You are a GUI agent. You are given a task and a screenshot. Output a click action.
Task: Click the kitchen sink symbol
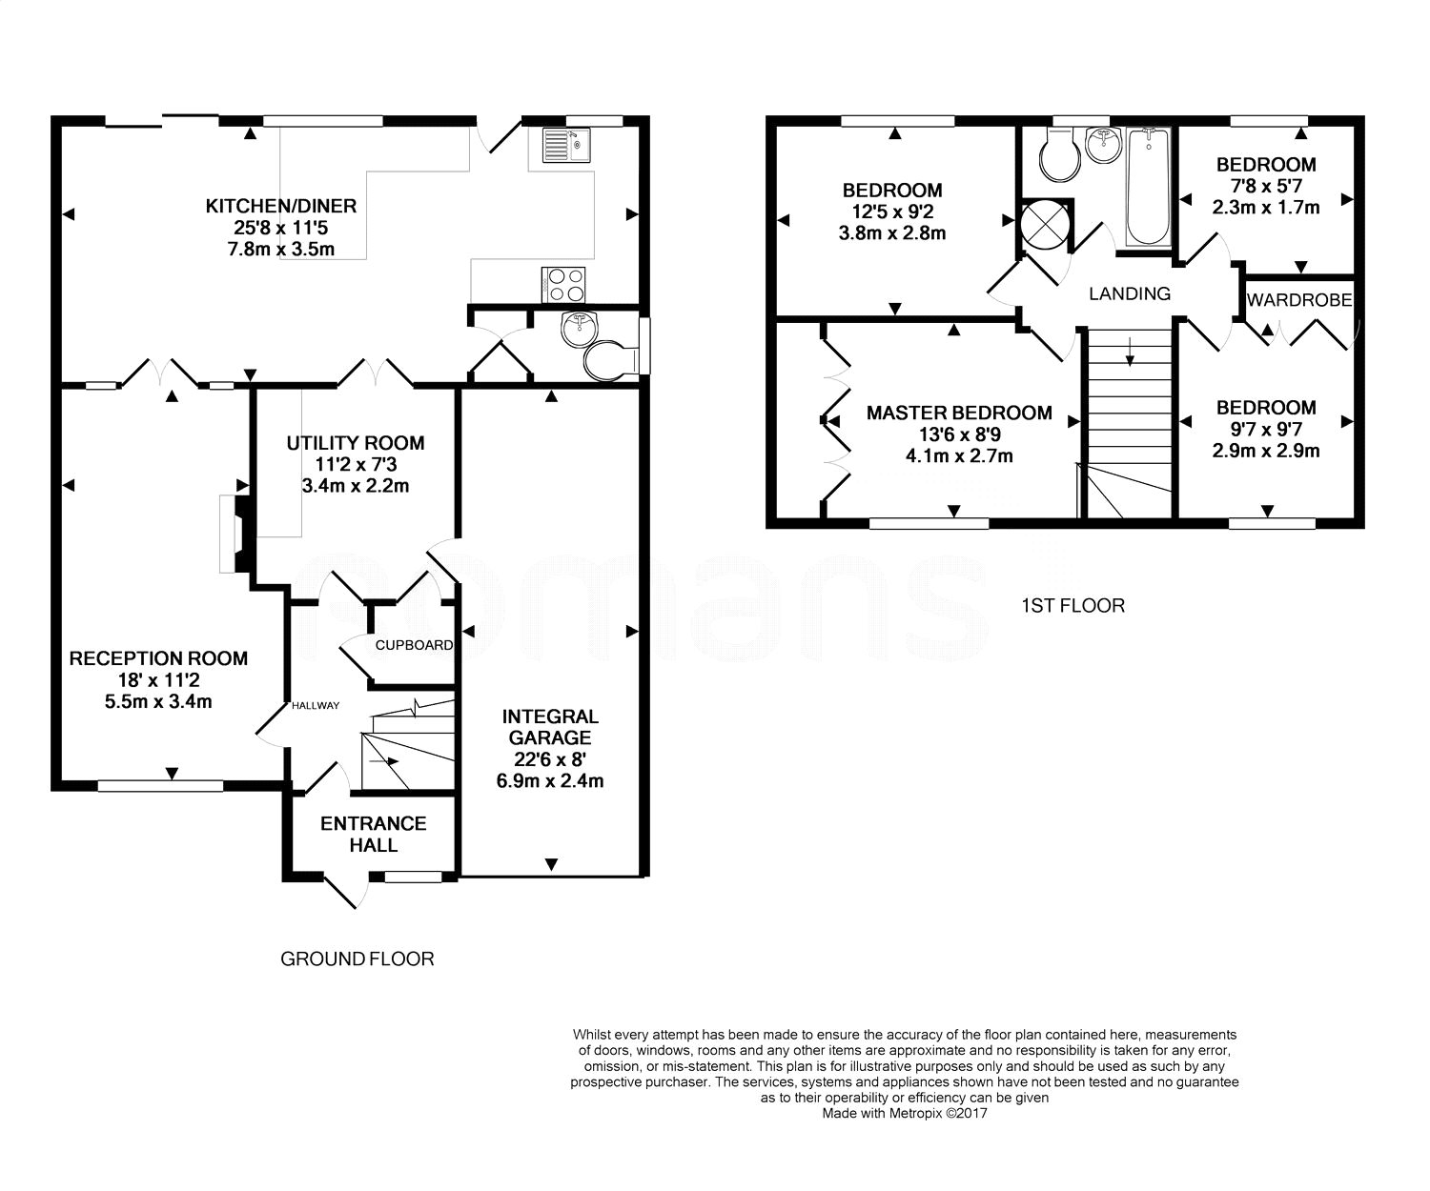click(x=565, y=145)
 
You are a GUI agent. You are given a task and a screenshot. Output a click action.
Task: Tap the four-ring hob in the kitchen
click(x=563, y=285)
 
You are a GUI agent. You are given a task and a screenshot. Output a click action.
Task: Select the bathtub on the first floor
click(x=1149, y=187)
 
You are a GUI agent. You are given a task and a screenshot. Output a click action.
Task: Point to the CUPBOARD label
click(x=414, y=645)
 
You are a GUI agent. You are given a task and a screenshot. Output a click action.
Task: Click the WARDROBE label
click(x=1299, y=300)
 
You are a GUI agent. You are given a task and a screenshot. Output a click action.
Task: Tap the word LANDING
click(x=1130, y=293)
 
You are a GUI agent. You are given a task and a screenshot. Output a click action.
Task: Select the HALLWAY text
click(x=315, y=706)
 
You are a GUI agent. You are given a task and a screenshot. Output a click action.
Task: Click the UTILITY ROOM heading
click(x=356, y=443)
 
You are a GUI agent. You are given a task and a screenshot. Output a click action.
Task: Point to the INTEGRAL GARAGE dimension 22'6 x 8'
click(x=550, y=759)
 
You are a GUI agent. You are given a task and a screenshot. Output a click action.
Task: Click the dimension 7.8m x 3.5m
click(x=281, y=249)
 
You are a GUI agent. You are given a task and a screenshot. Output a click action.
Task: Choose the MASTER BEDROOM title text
click(x=959, y=413)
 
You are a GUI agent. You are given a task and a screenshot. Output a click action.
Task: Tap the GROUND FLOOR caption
click(x=357, y=959)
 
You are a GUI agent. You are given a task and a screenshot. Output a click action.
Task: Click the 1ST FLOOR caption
click(x=1072, y=606)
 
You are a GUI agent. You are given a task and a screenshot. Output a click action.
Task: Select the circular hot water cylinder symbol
click(x=1045, y=225)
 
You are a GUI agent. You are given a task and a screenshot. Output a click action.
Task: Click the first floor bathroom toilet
click(x=1060, y=155)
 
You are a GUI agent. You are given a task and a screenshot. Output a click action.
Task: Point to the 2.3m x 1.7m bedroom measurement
click(x=1266, y=207)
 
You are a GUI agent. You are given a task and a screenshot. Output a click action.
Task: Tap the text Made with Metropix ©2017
click(x=905, y=1113)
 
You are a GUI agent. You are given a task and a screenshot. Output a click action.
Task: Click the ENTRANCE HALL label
click(x=374, y=834)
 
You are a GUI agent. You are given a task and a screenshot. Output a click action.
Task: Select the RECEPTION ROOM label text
click(x=158, y=658)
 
